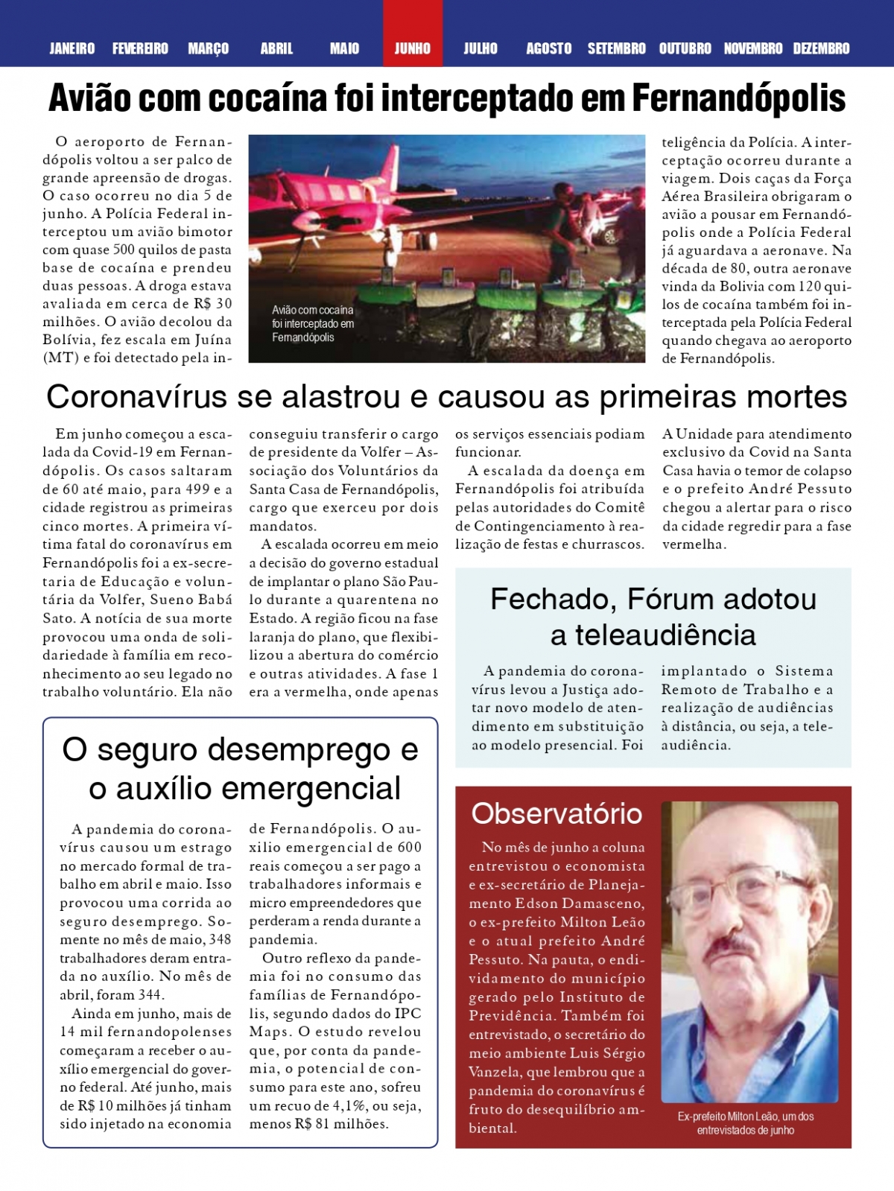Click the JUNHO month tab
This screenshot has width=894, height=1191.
click(412, 48)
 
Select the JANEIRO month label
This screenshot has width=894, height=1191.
click(72, 48)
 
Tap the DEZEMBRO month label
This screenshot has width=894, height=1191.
click(821, 48)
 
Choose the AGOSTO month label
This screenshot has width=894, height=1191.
click(549, 48)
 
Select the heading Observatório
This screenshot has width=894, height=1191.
click(557, 813)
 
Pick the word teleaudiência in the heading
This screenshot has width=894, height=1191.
click(653, 635)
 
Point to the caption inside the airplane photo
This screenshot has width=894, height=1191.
click(313, 324)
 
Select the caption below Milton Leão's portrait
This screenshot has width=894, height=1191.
click(746, 1123)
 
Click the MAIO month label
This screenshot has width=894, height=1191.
click(344, 48)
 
